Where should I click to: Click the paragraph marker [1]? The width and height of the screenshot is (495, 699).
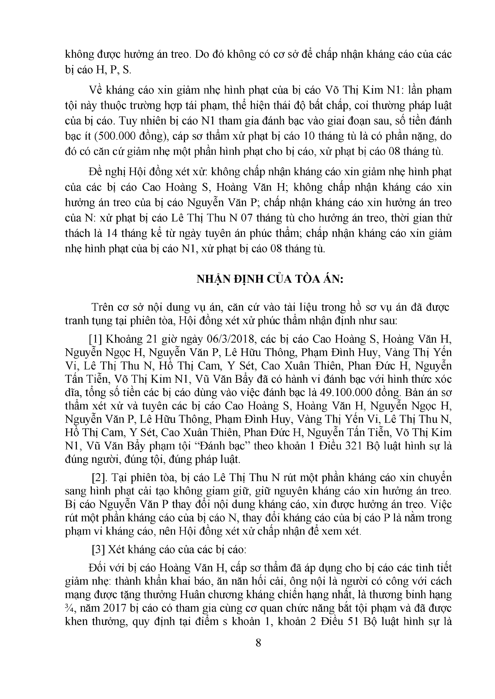(x=96, y=339)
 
